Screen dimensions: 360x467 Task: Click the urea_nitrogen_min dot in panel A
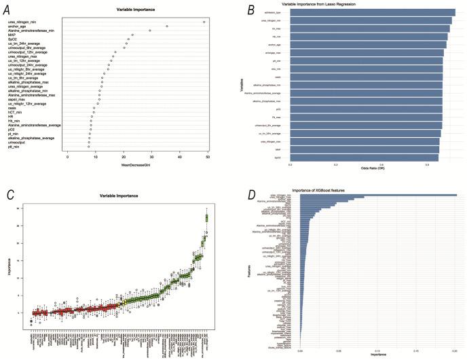click(x=204, y=22)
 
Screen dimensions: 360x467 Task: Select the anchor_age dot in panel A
click(x=167, y=26)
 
